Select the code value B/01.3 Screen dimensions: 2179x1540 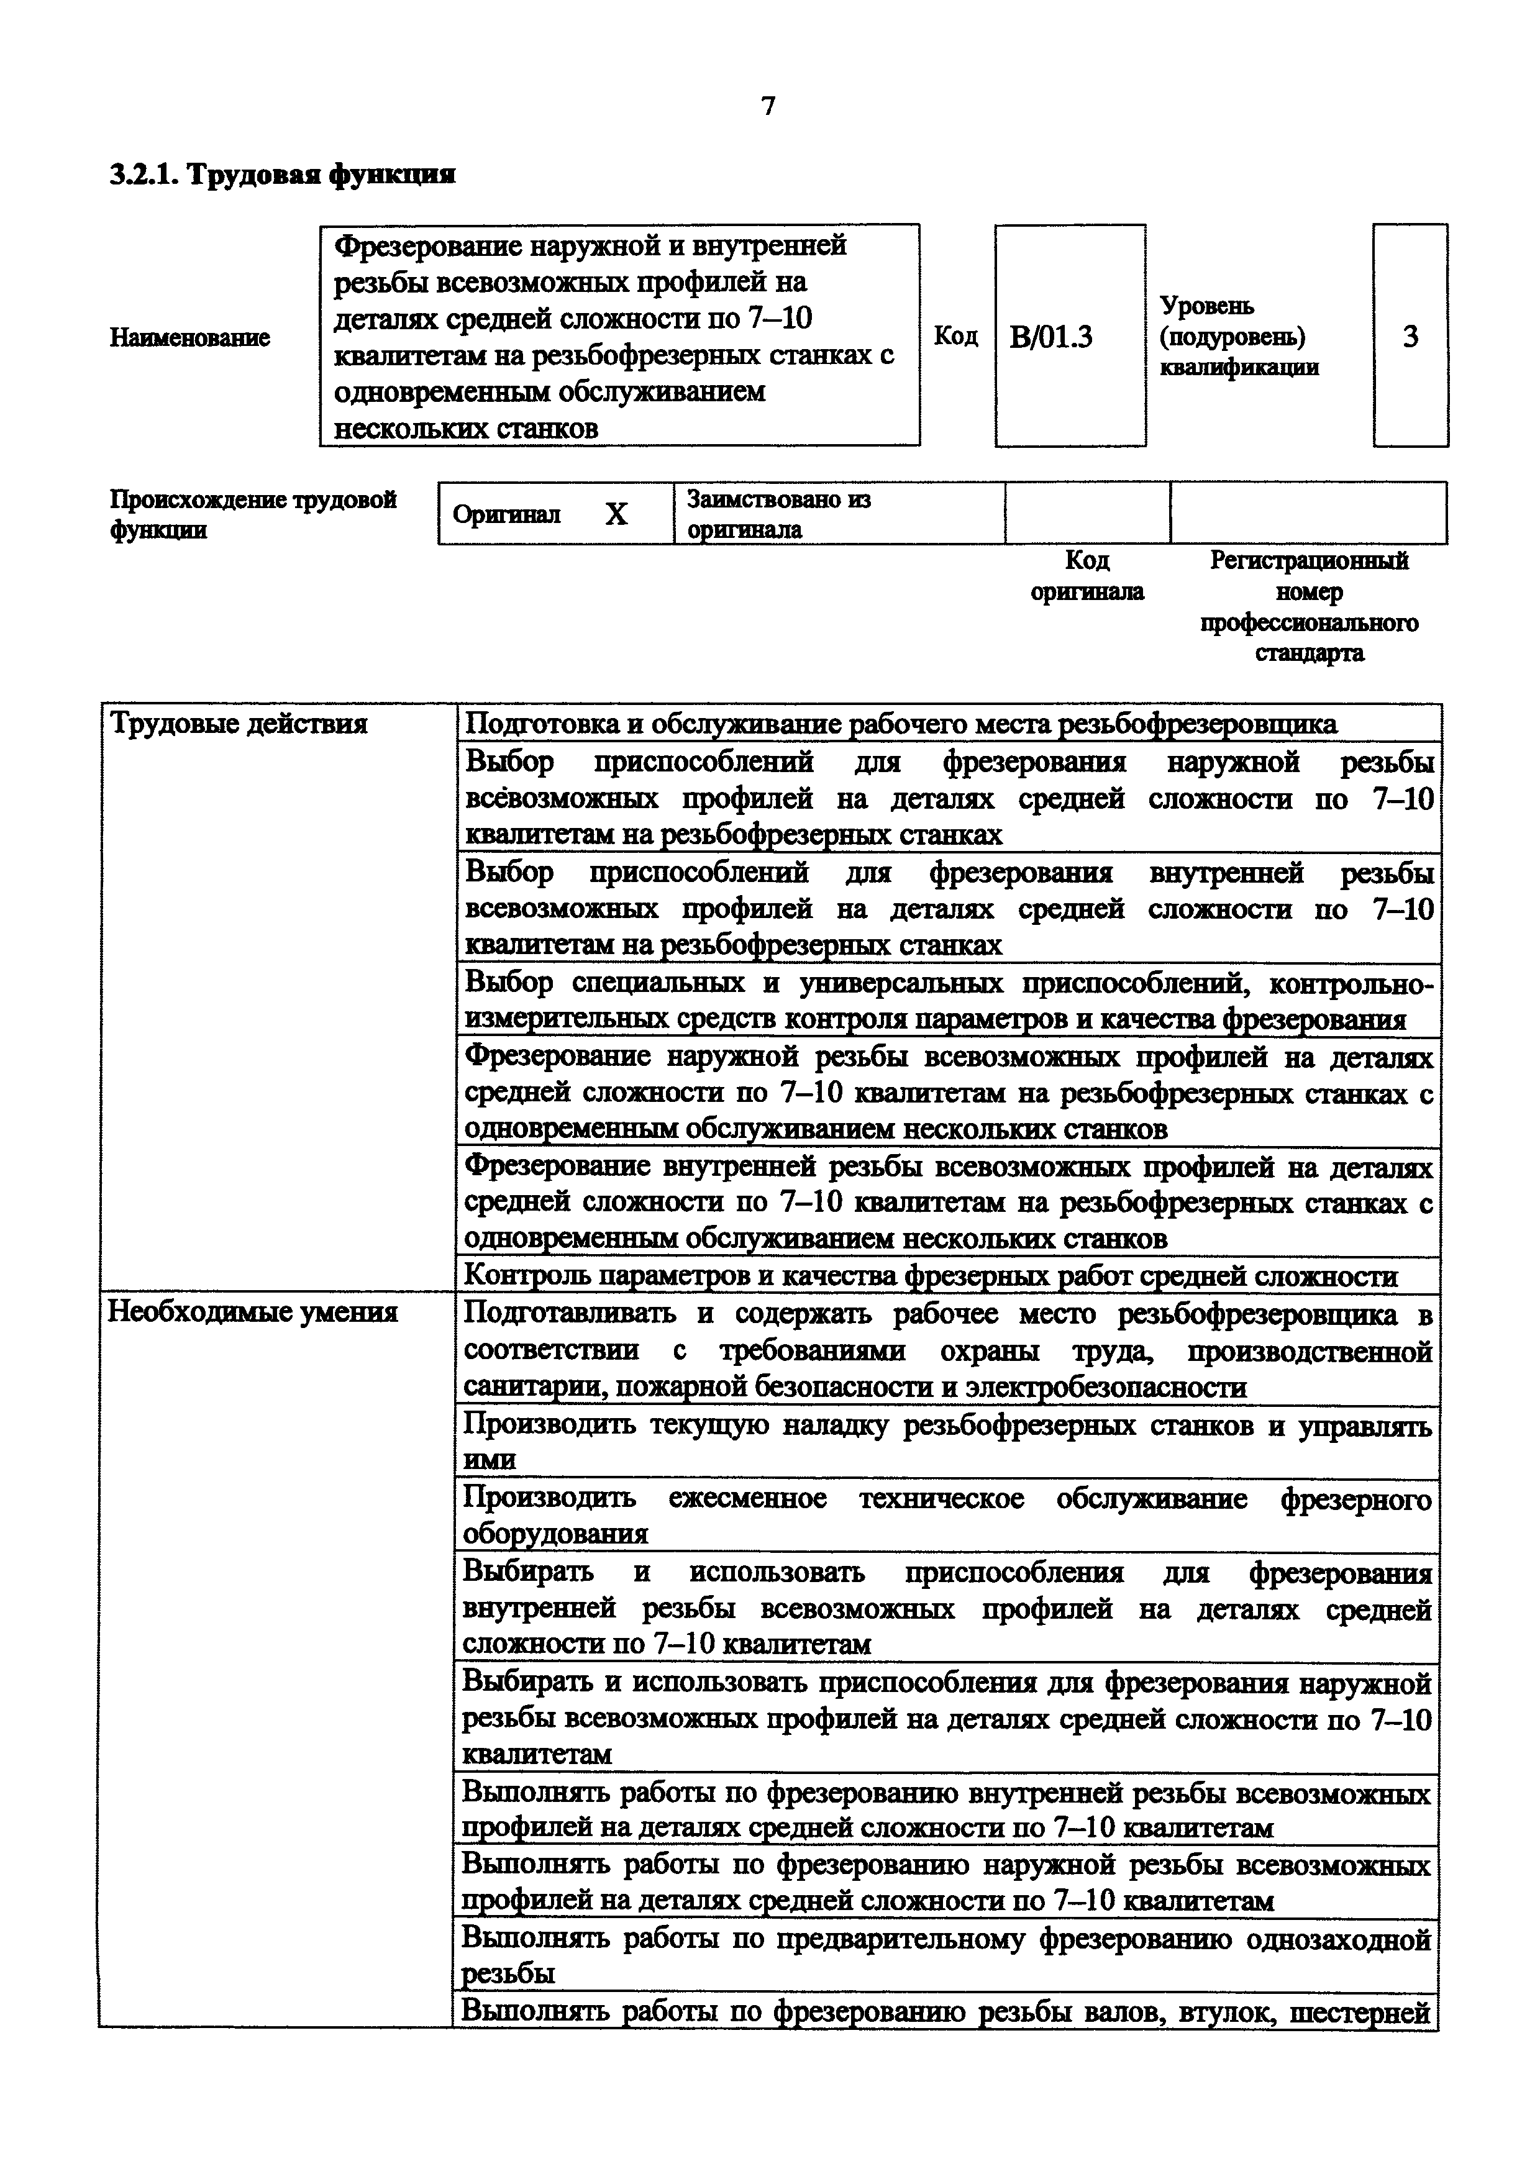[x=1050, y=337]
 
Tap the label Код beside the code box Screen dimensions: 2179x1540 [x=955, y=336]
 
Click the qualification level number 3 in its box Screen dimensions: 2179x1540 [x=1410, y=336]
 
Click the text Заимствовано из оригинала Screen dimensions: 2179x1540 [x=778, y=514]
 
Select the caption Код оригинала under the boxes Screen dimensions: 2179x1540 [x=1087, y=576]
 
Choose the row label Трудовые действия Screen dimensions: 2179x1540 [x=238, y=725]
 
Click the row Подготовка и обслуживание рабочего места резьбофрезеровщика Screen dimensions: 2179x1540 [x=901, y=725]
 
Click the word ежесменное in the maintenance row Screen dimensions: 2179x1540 [x=748, y=1499]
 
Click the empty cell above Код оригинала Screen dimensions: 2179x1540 [x=1087, y=514]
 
